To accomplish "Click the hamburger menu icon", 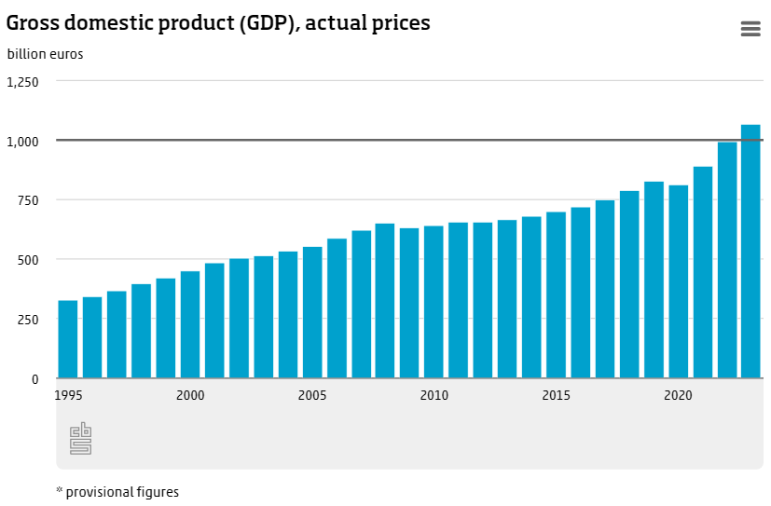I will click(x=750, y=29).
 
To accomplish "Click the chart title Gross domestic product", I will click(x=218, y=23).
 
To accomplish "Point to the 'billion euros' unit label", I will click(x=46, y=54).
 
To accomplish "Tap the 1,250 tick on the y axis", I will click(x=23, y=81).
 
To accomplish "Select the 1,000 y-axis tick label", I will click(x=23, y=141).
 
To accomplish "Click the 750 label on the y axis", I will click(x=27, y=200).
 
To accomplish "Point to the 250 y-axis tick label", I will click(x=27, y=320).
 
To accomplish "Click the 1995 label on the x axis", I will click(x=68, y=395).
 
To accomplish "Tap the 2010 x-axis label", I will click(x=434, y=395).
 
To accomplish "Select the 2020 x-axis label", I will click(x=678, y=395).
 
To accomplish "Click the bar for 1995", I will click(x=68, y=339).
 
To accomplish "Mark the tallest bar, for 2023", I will click(x=750, y=252).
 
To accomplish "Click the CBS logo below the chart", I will click(x=81, y=438).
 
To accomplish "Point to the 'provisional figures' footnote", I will click(x=117, y=491).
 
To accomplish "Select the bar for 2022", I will click(x=727, y=260).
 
